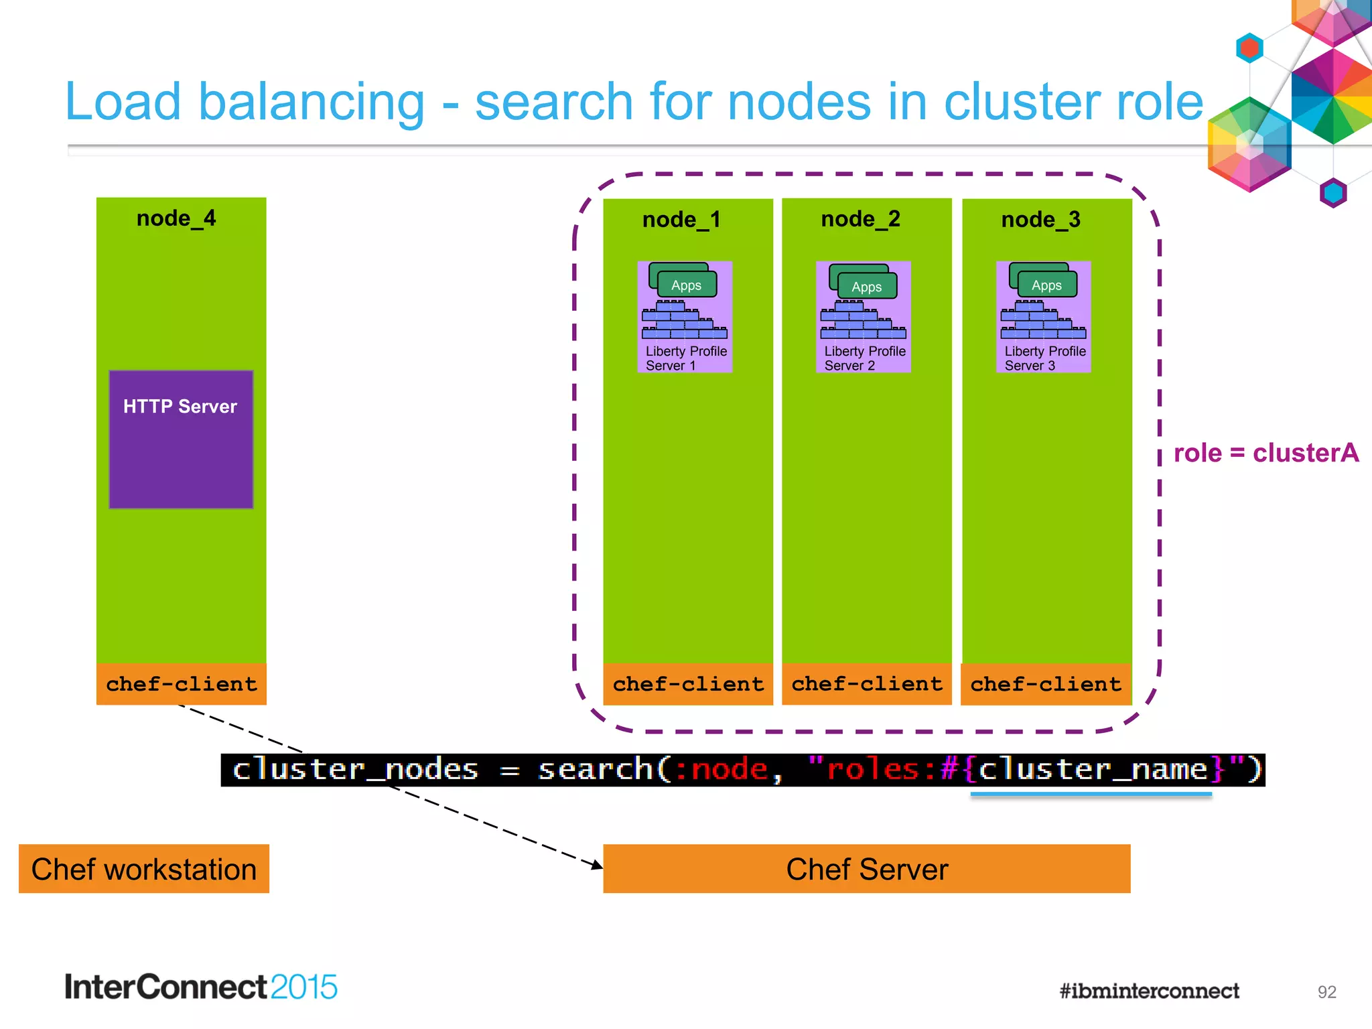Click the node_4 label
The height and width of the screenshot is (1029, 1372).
[176, 218]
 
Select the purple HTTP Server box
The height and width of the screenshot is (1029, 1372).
[181, 439]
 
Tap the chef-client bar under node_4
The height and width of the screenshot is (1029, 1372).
[181, 684]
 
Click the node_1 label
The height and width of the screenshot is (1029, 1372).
[681, 220]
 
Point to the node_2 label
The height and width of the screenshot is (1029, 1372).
[861, 219]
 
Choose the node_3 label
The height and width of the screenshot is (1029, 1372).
[1041, 220]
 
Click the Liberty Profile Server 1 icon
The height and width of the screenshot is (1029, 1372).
[685, 316]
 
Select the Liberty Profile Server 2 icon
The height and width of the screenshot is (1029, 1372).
[864, 316]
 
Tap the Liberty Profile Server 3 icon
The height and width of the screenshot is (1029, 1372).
[1044, 316]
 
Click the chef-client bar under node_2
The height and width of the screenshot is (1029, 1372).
[867, 684]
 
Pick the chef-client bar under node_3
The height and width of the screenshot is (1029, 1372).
[1046, 684]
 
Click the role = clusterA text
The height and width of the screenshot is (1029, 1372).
[1266, 453]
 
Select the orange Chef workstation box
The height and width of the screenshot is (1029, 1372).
[144, 869]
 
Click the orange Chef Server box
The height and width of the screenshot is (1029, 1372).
[867, 869]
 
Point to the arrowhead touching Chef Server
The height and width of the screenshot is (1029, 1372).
[597, 866]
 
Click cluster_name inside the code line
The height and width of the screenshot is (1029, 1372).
[1093, 769]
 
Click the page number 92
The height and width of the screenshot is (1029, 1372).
[1326, 992]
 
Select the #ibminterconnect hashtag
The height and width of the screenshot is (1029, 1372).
[1149, 991]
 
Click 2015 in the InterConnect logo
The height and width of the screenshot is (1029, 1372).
[303, 987]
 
